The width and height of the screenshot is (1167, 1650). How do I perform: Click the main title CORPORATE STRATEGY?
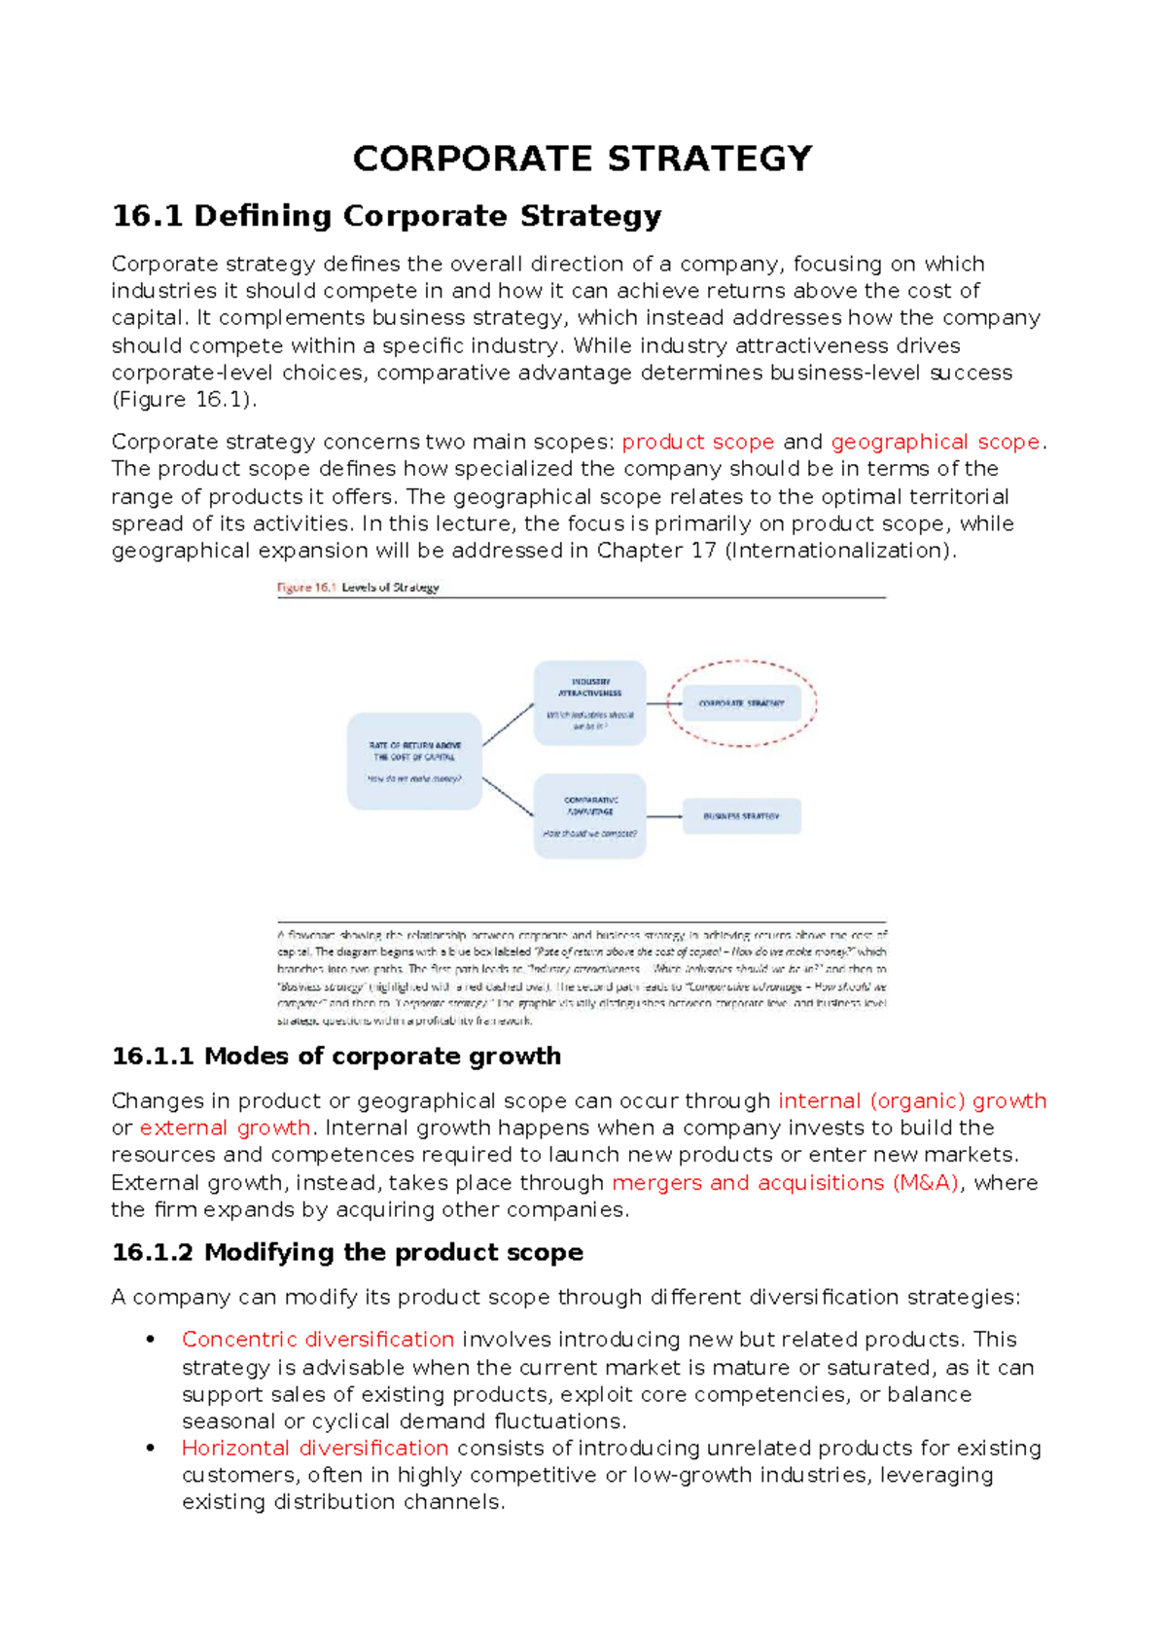[x=582, y=159]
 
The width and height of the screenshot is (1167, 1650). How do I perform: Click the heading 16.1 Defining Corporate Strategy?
[x=386, y=216]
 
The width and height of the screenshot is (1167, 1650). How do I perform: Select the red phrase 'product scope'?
[x=697, y=442]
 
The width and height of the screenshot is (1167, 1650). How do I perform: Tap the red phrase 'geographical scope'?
[x=935, y=442]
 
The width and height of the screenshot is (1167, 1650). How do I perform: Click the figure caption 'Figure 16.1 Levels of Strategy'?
[x=358, y=588]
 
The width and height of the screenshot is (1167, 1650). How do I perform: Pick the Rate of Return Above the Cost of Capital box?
[x=414, y=761]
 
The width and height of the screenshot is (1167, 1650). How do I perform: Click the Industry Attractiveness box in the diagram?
[x=589, y=702]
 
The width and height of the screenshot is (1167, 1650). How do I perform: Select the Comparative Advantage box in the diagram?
[x=589, y=815]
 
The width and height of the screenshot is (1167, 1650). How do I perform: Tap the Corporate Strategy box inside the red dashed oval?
[x=741, y=702]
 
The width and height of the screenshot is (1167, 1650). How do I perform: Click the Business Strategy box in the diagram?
[x=741, y=816]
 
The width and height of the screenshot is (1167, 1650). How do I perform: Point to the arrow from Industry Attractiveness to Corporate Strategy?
[x=664, y=703]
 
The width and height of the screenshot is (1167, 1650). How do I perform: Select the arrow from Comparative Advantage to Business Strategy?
[x=664, y=816]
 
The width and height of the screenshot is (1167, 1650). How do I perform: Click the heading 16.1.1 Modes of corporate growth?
[x=336, y=1057]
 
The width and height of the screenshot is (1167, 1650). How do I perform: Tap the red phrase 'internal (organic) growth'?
[x=911, y=1100]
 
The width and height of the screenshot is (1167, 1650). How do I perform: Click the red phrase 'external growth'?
[x=225, y=1128]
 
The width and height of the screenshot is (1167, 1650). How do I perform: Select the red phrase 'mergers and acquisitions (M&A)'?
[x=785, y=1183]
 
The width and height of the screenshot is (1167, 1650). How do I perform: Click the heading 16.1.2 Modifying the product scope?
[x=347, y=1252]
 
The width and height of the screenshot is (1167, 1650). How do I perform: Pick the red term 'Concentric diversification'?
[x=318, y=1340]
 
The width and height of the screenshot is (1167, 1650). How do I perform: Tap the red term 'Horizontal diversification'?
[x=315, y=1448]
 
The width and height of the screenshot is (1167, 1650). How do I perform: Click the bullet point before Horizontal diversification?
[x=151, y=1449]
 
